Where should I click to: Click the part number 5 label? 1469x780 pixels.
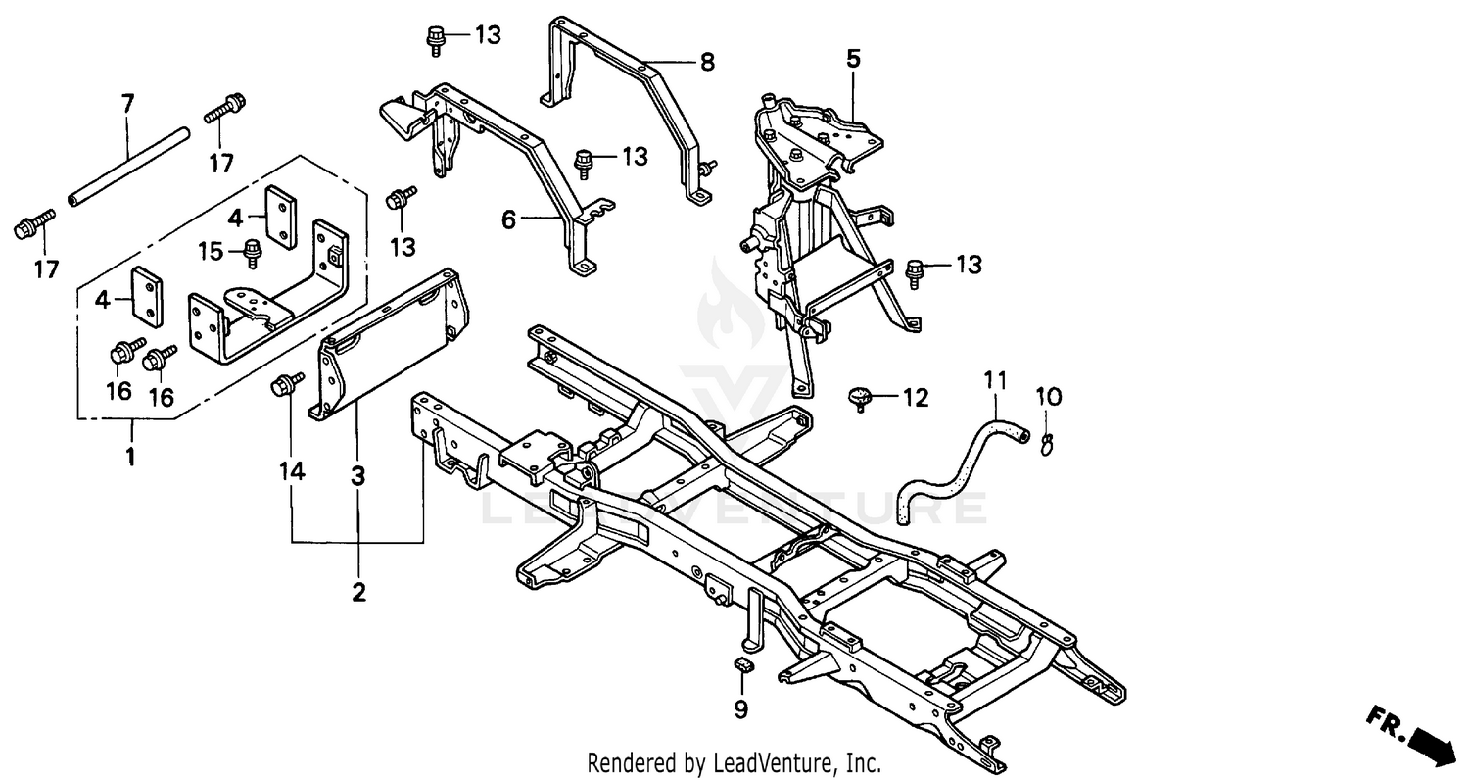[853, 59]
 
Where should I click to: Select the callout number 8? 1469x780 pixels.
[706, 63]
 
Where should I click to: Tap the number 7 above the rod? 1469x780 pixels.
[128, 103]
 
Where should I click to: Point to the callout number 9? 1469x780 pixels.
[741, 709]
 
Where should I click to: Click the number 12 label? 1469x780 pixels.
[916, 398]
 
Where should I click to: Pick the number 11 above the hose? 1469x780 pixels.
[995, 381]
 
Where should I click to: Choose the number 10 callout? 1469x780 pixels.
[1049, 396]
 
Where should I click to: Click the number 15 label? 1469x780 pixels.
[212, 251]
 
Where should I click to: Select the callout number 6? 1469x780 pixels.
[508, 219]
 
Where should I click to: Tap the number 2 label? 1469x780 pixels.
[358, 593]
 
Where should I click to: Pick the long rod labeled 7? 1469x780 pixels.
[128, 168]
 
